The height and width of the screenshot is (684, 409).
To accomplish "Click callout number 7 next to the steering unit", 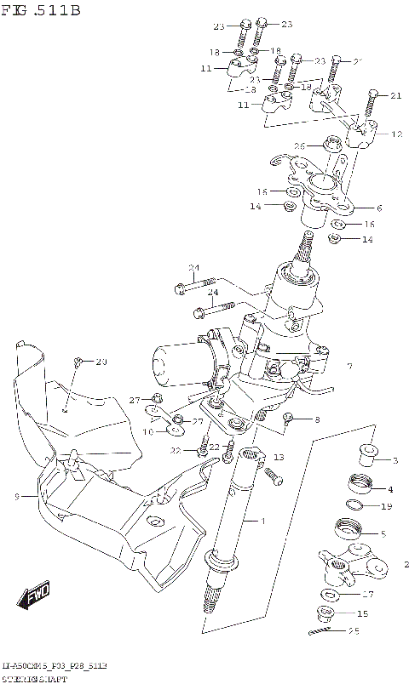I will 349,367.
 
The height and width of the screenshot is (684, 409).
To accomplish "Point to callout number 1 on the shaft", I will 263,520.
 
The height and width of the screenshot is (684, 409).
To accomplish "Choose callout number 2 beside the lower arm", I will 406,564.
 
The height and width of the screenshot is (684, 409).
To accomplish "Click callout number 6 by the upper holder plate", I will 378,208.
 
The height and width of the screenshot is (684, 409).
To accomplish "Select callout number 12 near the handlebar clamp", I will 395,134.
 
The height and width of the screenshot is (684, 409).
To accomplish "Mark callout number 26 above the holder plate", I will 300,146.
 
